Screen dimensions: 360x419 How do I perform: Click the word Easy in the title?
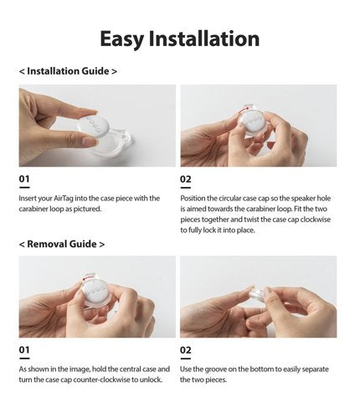coord(121,39)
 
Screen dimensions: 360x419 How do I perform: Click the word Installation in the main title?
coord(204,39)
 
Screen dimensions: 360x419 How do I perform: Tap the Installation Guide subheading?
coord(68,71)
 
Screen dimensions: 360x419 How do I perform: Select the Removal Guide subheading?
coord(62,244)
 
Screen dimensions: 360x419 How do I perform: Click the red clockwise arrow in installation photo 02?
coord(245,108)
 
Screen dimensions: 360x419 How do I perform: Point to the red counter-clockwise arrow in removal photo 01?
coord(89,277)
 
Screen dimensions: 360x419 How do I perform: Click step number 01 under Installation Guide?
coord(24,178)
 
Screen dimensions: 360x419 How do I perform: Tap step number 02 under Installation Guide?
coord(185,178)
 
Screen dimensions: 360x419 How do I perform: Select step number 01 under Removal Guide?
coord(24,349)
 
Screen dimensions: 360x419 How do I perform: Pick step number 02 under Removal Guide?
coord(185,349)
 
